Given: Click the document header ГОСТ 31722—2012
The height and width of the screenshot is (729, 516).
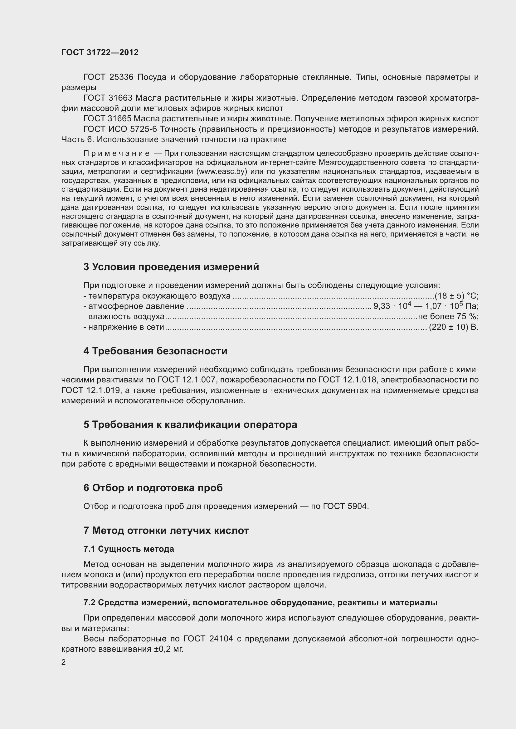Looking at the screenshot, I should (x=100, y=52).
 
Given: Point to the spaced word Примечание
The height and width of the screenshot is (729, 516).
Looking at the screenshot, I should (x=116, y=154).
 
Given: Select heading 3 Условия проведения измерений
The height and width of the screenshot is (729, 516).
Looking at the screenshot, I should (x=171, y=267).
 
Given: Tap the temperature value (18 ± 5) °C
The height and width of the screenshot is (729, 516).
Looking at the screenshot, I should (x=457, y=296).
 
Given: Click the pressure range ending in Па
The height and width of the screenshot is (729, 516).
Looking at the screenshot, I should (x=426, y=306).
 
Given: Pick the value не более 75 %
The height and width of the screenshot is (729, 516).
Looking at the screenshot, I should (x=448, y=317).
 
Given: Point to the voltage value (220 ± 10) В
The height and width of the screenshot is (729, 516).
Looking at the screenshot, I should (x=453, y=327).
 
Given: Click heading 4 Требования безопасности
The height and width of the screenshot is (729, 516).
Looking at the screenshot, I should (x=155, y=351).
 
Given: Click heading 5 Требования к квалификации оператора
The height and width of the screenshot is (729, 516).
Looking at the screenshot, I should (x=190, y=425).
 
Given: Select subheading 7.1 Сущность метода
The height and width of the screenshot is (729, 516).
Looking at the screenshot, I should (x=129, y=549).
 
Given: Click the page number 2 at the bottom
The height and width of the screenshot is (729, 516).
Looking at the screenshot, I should (x=64, y=662).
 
